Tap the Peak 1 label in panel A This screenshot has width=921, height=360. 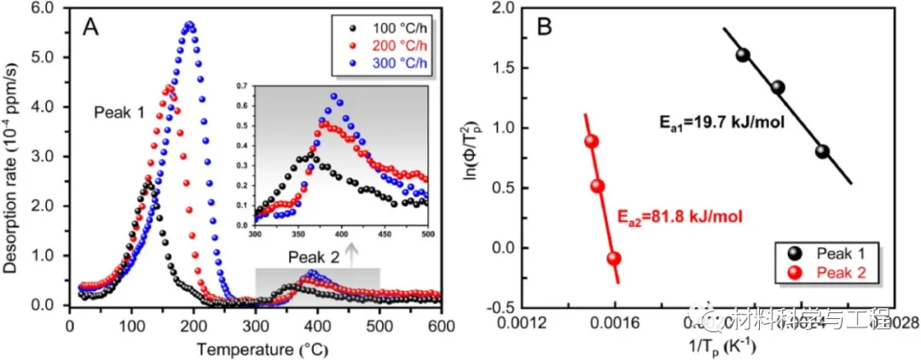119,112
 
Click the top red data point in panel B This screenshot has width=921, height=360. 591,142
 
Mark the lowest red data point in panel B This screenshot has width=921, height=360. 613,258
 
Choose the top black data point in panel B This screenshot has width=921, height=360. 742,55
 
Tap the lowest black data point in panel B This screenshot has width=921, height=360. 822,152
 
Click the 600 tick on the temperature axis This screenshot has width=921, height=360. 441,325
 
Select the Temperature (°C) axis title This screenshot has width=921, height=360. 254,349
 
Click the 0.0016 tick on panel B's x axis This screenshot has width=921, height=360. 616,322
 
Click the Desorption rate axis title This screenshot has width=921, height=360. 14,158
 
